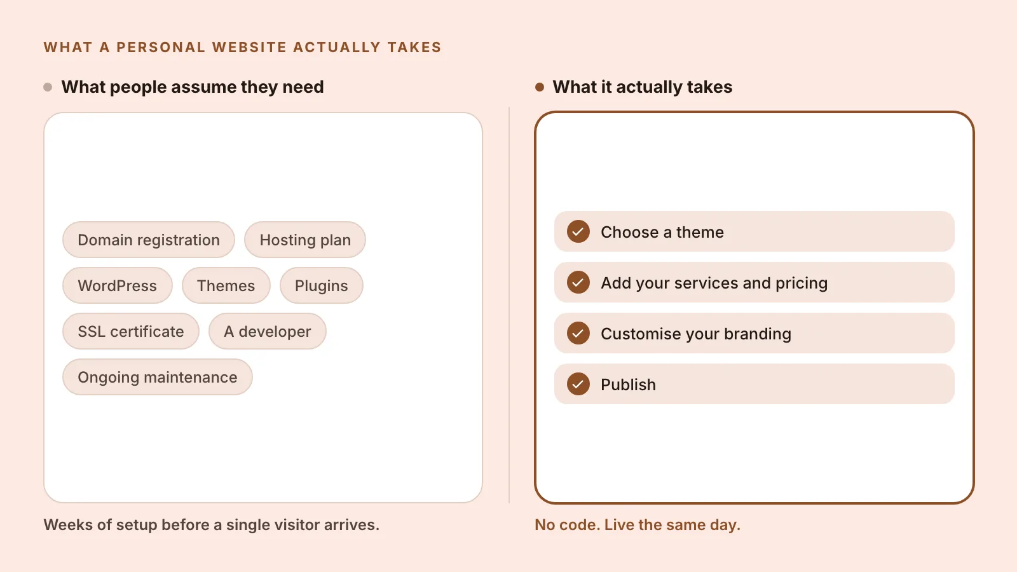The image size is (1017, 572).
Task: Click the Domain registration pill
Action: pos(149,240)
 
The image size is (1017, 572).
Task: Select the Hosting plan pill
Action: pos(305,240)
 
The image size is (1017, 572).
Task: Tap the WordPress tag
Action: pos(117,285)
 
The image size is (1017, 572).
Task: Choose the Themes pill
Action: pos(226,285)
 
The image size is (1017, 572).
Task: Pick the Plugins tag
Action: pos(322,285)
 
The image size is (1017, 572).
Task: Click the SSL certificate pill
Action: pos(131,331)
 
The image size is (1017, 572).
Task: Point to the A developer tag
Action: pos(268,331)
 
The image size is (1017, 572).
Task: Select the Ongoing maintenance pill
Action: pos(158,378)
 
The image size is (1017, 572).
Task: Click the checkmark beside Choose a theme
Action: pos(578,231)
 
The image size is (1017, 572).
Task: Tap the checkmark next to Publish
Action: pos(578,384)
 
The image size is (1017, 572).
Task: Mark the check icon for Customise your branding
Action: pos(578,333)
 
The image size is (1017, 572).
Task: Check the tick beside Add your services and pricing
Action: pos(578,282)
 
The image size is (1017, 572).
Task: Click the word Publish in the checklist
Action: pos(629,385)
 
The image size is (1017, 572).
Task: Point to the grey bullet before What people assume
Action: pos(48,87)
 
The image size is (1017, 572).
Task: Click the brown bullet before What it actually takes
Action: pos(540,87)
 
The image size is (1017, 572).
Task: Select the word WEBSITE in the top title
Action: pos(249,47)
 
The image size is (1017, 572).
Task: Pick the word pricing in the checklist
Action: pos(802,283)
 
